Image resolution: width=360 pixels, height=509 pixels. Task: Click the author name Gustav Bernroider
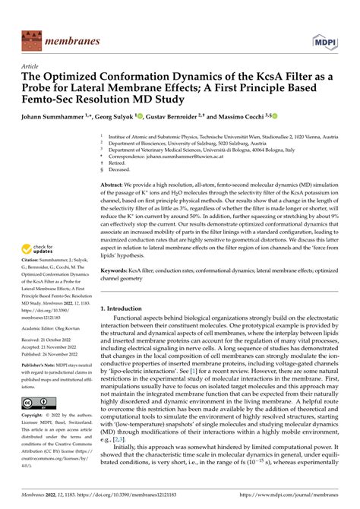pos(173,116)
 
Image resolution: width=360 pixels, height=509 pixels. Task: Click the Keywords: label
pos(118,270)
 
